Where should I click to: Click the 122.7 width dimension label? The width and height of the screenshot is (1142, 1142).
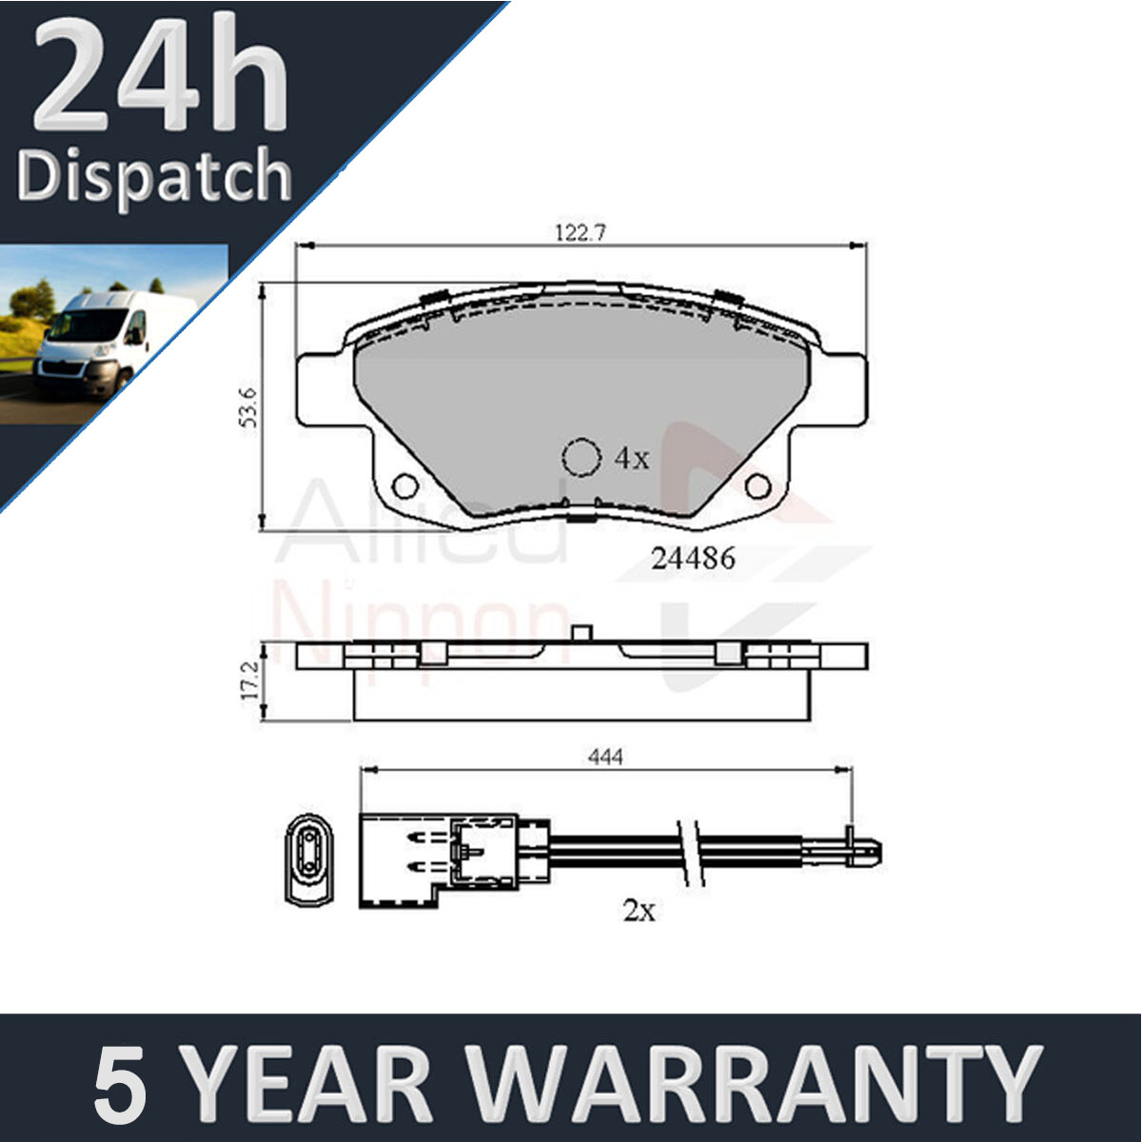pyautogui.click(x=581, y=233)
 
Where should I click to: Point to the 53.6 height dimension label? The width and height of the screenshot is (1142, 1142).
pyautogui.click(x=249, y=407)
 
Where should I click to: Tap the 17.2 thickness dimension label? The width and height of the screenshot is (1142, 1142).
pyautogui.click(x=250, y=679)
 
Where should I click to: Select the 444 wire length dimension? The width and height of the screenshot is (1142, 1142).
pyautogui.click(x=605, y=757)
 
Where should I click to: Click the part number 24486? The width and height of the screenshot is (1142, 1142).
pyautogui.click(x=693, y=559)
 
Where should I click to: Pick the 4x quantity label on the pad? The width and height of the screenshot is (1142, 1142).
pyautogui.click(x=632, y=458)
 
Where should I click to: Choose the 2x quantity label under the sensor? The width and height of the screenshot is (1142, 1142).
pyautogui.click(x=640, y=911)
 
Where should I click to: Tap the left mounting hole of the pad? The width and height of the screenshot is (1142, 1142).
pyautogui.click(x=405, y=486)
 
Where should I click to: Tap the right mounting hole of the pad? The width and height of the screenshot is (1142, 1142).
pyautogui.click(x=758, y=486)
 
